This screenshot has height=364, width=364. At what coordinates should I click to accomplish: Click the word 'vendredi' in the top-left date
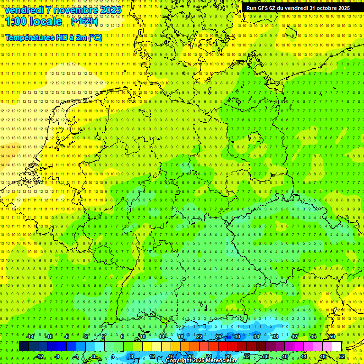(24, 10)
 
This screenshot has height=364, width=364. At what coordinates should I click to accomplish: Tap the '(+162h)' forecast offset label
(84, 21)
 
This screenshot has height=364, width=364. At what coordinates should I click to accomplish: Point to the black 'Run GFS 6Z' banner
(298, 8)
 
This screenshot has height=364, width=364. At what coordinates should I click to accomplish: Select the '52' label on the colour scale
(342, 356)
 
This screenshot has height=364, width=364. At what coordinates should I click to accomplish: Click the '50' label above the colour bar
(332, 337)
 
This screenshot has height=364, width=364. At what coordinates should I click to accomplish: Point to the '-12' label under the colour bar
(39, 356)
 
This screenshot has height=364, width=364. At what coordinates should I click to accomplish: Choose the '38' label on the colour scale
(275, 337)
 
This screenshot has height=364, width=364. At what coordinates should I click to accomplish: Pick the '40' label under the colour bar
(285, 356)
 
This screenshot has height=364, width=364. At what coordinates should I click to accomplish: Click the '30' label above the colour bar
(237, 337)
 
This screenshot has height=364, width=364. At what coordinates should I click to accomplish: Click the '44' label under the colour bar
(304, 356)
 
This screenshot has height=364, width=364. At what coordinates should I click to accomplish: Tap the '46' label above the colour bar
(313, 337)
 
